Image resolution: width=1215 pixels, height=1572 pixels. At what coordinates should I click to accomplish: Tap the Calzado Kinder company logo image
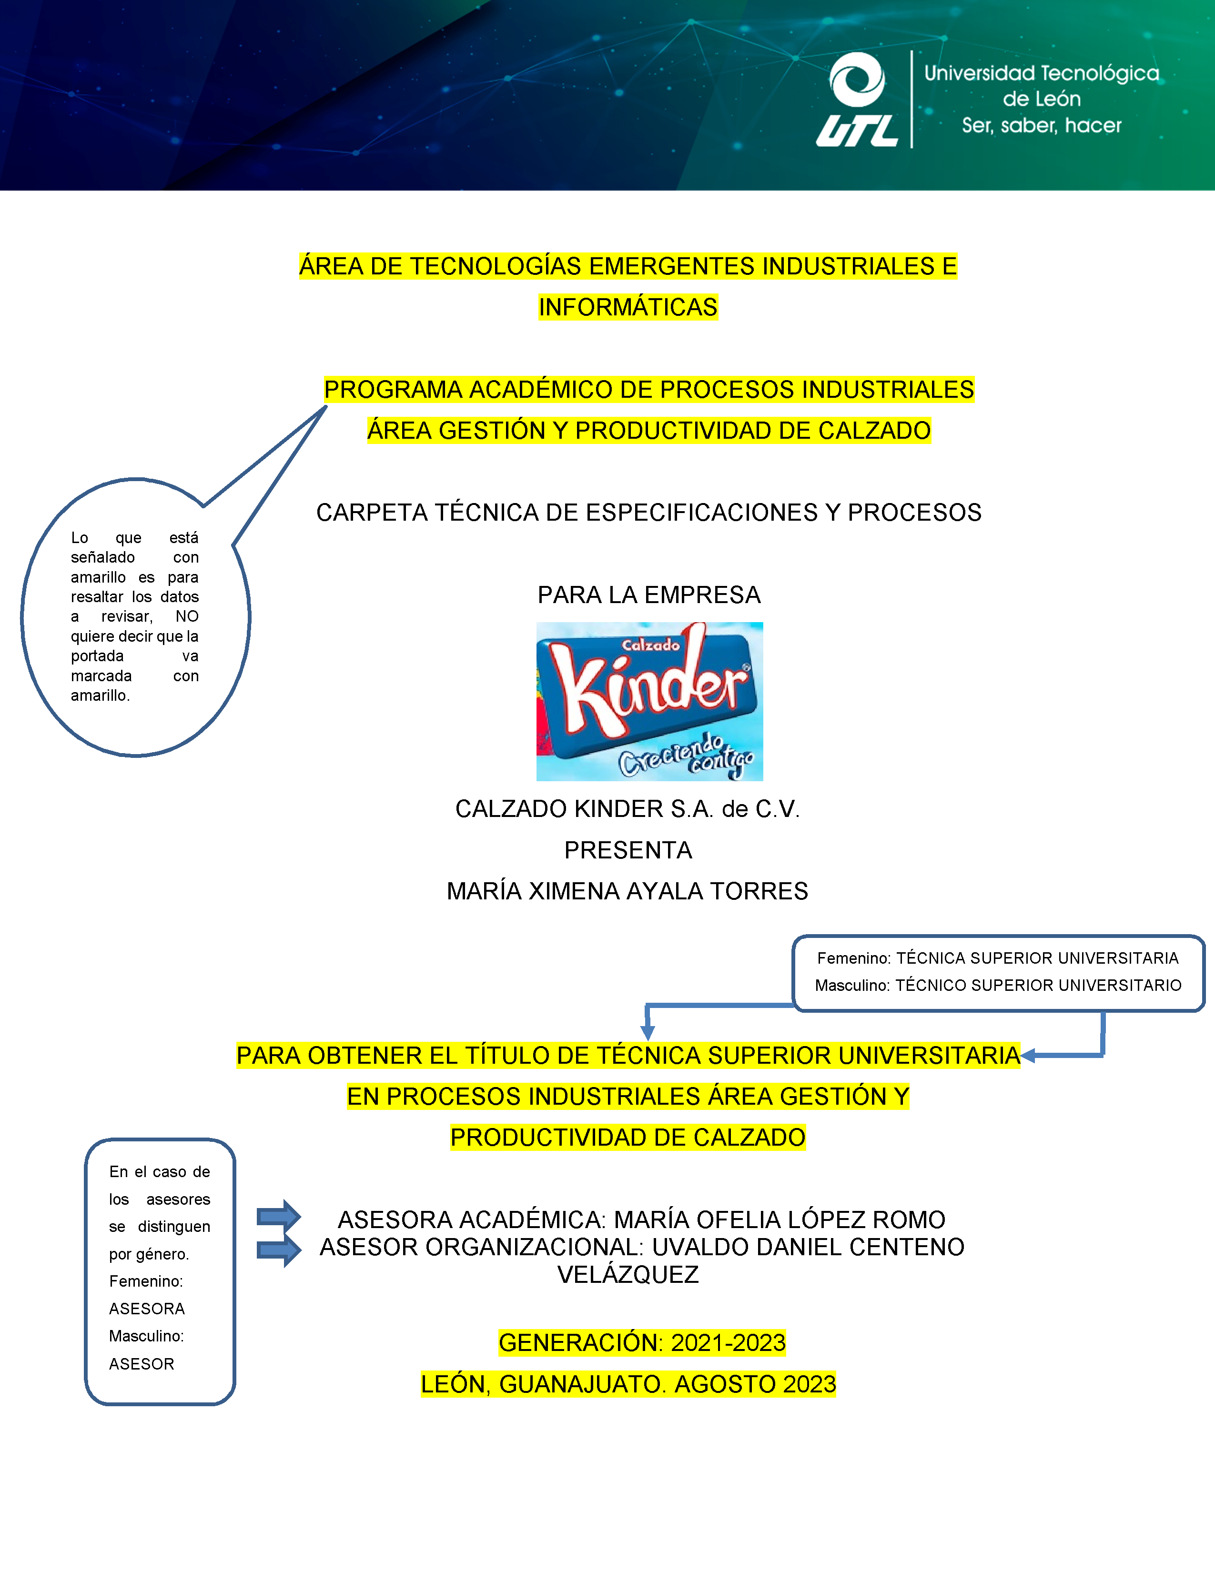tap(649, 701)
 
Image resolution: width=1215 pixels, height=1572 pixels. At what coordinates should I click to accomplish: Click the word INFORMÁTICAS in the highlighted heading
tap(628, 307)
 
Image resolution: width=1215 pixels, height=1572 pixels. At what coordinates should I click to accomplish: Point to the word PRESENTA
tap(628, 850)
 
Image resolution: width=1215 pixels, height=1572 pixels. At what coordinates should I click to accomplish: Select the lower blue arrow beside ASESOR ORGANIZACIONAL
tap(279, 1250)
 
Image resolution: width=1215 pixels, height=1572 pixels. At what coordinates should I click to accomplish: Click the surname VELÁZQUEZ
tap(628, 1275)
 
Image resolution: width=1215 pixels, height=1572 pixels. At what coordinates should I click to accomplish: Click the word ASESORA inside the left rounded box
tap(147, 1309)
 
